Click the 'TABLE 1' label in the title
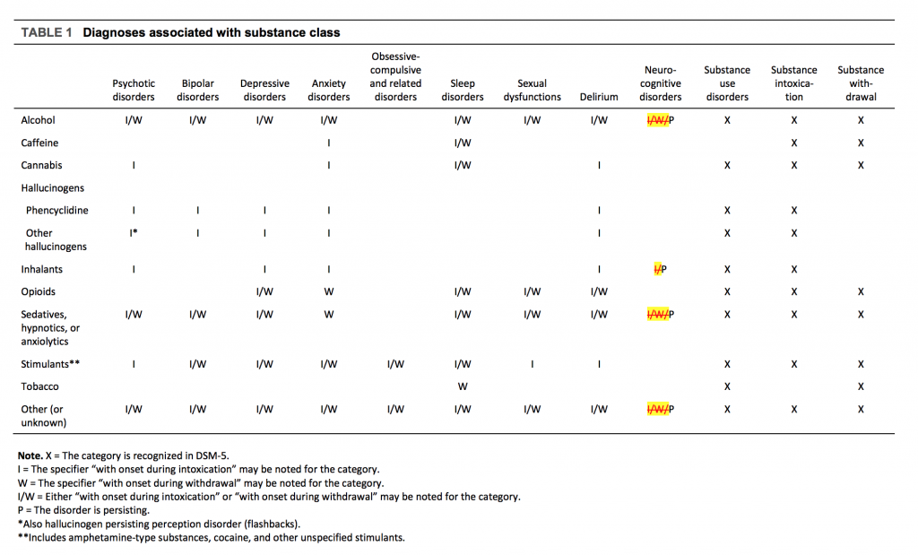tap(46, 32)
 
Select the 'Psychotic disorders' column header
tap(134, 90)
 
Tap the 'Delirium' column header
tap(599, 97)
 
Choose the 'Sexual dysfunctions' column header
tap(532, 90)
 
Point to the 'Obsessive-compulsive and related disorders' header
tap(395, 76)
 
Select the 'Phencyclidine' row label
tap(57, 211)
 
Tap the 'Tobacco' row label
tap(39, 386)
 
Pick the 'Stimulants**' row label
tap(46, 364)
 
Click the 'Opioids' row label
tap(39, 291)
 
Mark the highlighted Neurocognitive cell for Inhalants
tap(661, 269)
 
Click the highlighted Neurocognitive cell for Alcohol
tap(661, 120)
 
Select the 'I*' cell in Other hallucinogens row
tap(134, 233)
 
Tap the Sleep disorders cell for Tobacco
tap(463, 386)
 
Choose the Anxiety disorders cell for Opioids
tap(329, 291)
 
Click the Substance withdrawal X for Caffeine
tap(861, 143)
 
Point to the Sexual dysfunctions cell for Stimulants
tap(532, 364)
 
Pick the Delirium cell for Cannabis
tap(599, 165)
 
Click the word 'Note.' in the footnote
tap(30, 455)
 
